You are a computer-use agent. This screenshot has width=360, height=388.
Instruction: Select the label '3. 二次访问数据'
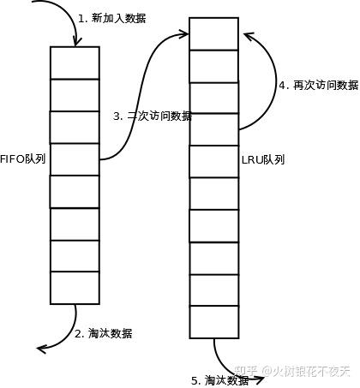point(153,116)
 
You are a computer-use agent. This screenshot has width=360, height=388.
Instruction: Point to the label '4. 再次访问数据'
point(318,86)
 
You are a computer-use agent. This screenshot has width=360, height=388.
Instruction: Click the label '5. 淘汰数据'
point(225,379)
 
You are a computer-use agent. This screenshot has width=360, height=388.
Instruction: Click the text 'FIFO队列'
point(23,159)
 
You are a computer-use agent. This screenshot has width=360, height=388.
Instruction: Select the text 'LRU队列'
point(263,159)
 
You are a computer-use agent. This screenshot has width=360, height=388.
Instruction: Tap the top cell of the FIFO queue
point(75,63)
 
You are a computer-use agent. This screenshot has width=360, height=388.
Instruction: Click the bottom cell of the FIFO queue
point(75,287)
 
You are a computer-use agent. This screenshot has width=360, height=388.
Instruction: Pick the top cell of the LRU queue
point(213,34)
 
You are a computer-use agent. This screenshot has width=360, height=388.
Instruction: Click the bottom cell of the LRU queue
point(213,321)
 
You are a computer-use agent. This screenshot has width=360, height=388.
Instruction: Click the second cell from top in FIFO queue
point(75,94)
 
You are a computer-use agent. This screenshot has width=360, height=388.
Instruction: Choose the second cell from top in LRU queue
point(213,66)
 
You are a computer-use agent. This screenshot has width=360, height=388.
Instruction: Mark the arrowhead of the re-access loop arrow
point(246,36)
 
